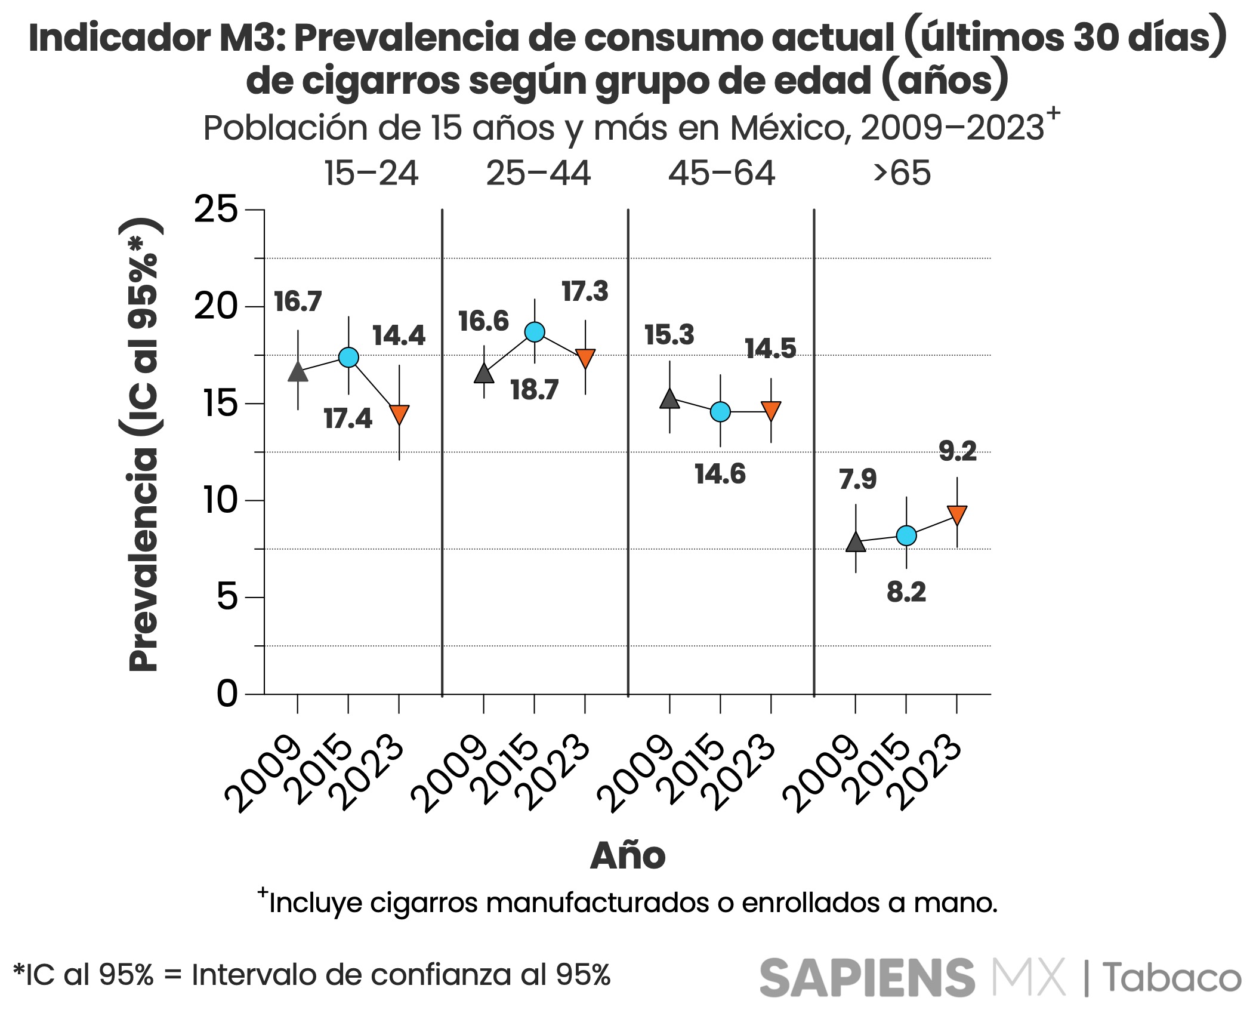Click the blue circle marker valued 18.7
click(x=535, y=332)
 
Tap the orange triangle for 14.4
click(x=399, y=414)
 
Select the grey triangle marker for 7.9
click(x=856, y=542)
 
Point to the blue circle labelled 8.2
click(x=906, y=535)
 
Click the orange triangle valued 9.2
click(x=957, y=514)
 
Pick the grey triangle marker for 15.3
click(x=669, y=399)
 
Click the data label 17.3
click(x=585, y=291)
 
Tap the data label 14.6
click(x=720, y=474)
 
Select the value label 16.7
click(x=298, y=301)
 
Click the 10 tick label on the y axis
click(x=220, y=500)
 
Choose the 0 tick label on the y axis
click(x=227, y=694)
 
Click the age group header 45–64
click(x=721, y=174)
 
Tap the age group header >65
click(x=902, y=174)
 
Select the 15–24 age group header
click(x=371, y=174)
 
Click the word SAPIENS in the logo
click(x=867, y=977)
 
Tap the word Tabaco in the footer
click(x=1171, y=978)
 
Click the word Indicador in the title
click(x=119, y=38)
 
